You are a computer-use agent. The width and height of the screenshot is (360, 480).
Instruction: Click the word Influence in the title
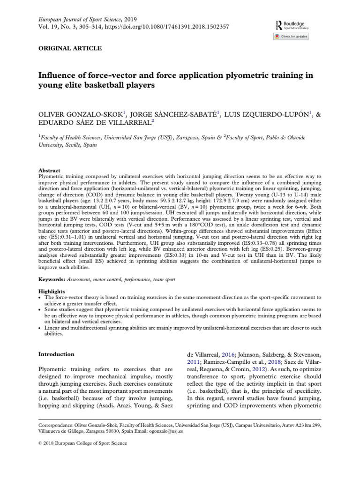tap(57, 76)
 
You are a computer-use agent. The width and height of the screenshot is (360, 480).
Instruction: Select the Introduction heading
tap(56, 354)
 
